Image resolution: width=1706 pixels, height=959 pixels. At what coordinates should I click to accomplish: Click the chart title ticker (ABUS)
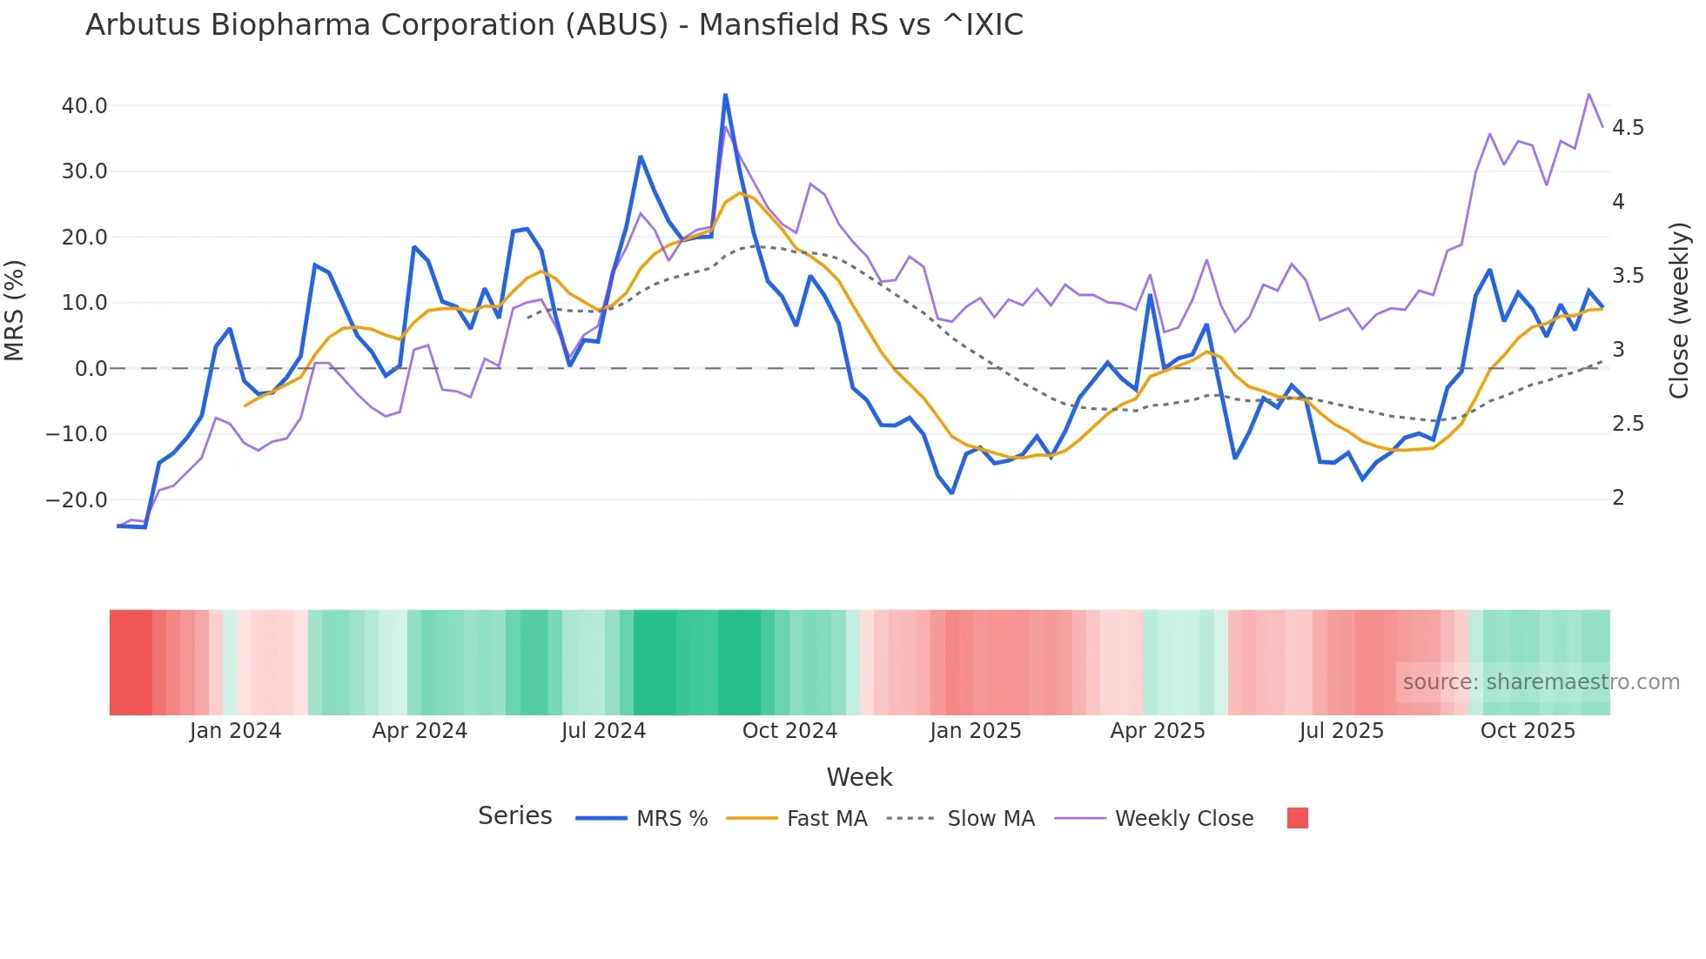(616, 25)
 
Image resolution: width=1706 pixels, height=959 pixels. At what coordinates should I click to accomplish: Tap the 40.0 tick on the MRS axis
(84, 106)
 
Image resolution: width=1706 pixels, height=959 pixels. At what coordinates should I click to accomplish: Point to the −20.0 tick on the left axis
(77, 500)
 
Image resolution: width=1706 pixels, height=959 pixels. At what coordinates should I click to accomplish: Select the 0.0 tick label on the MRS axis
(91, 369)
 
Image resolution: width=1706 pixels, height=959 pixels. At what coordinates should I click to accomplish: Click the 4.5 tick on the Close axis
(1628, 128)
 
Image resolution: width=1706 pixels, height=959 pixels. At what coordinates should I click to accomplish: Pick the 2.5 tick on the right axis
(1628, 424)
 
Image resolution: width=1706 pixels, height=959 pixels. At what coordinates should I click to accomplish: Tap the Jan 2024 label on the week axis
(235, 731)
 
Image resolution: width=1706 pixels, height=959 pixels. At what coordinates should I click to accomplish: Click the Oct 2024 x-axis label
(789, 731)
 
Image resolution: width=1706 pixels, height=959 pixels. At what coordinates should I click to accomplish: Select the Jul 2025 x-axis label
(1341, 731)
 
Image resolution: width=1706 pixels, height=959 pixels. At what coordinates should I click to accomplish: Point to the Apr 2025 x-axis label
(1158, 731)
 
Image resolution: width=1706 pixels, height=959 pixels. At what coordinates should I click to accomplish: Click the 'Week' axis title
(859, 777)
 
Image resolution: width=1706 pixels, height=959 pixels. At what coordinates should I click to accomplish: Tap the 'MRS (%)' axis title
(15, 311)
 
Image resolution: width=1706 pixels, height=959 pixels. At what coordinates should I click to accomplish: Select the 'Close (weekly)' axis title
(1679, 311)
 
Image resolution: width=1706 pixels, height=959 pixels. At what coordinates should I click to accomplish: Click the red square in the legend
(1297, 818)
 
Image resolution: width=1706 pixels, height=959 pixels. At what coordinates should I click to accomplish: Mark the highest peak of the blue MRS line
(725, 95)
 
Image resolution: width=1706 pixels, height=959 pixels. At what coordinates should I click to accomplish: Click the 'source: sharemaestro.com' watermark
(1541, 682)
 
